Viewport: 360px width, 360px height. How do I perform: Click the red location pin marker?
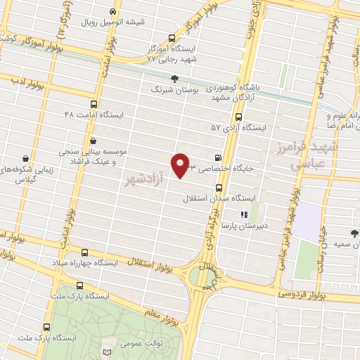181,165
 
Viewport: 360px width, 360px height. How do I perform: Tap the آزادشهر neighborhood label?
150,181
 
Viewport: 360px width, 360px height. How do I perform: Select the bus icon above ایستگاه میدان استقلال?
219,188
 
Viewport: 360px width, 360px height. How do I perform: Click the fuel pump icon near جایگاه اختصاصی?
217,157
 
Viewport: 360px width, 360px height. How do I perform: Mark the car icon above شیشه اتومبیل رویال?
112,11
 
